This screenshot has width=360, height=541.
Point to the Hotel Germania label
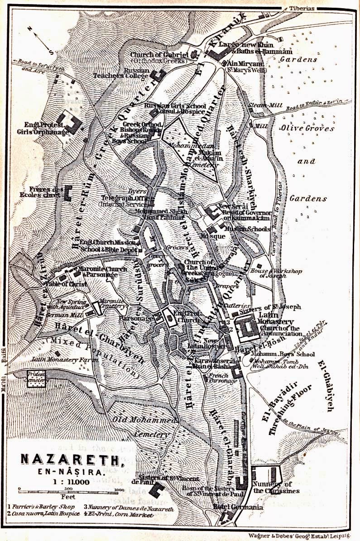238,507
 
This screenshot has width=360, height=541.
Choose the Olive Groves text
307,128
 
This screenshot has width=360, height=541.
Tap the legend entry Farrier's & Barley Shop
42,507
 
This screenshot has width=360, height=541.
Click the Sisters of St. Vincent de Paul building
158,489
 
